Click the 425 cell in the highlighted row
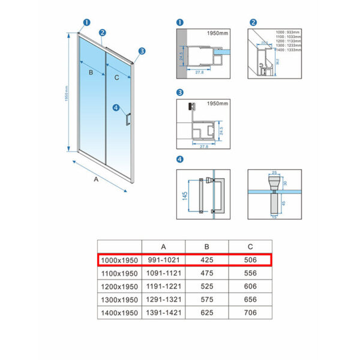click(207, 260)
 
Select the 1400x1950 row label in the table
click(119, 313)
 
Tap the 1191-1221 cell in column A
click(164, 286)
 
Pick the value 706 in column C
click(250, 313)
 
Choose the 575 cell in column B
click(207, 299)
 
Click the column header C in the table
click(250, 247)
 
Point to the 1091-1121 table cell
click(164, 273)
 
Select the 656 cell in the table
click(250, 299)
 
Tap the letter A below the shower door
click(96, 178)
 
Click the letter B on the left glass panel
click(90, 73)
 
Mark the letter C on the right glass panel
click(116, 77)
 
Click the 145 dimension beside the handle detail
click(185, 196)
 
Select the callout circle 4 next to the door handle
click(116, 108)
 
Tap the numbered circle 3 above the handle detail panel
click(179, 93)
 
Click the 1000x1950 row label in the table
click(119, 260)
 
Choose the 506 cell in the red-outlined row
click(250, 260)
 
